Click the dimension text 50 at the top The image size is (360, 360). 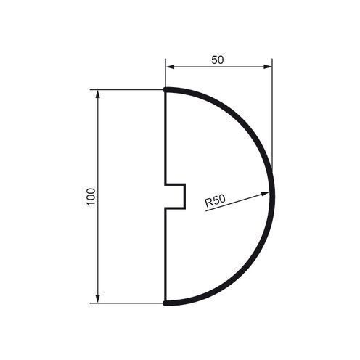point(218,60)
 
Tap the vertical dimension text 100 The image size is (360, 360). point(91,197)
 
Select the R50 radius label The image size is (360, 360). point(215,201)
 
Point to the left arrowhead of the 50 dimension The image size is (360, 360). point(170,67)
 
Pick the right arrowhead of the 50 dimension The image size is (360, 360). point(267,67)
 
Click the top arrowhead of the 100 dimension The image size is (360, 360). point(98,94)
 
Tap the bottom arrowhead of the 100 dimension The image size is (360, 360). point(98,298)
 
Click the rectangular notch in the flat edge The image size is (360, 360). point(175,196)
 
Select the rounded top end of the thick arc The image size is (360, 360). point(165,90)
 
